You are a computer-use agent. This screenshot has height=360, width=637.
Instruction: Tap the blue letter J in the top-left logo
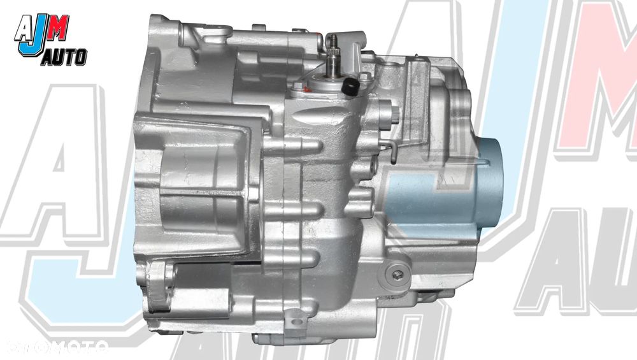tap(29, 40)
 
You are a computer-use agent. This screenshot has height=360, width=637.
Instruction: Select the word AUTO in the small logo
tap(64, 57)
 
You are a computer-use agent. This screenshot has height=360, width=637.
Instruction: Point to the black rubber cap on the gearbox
tap(350, 87)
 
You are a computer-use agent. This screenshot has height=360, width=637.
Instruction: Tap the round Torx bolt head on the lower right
tap(396, 275)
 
